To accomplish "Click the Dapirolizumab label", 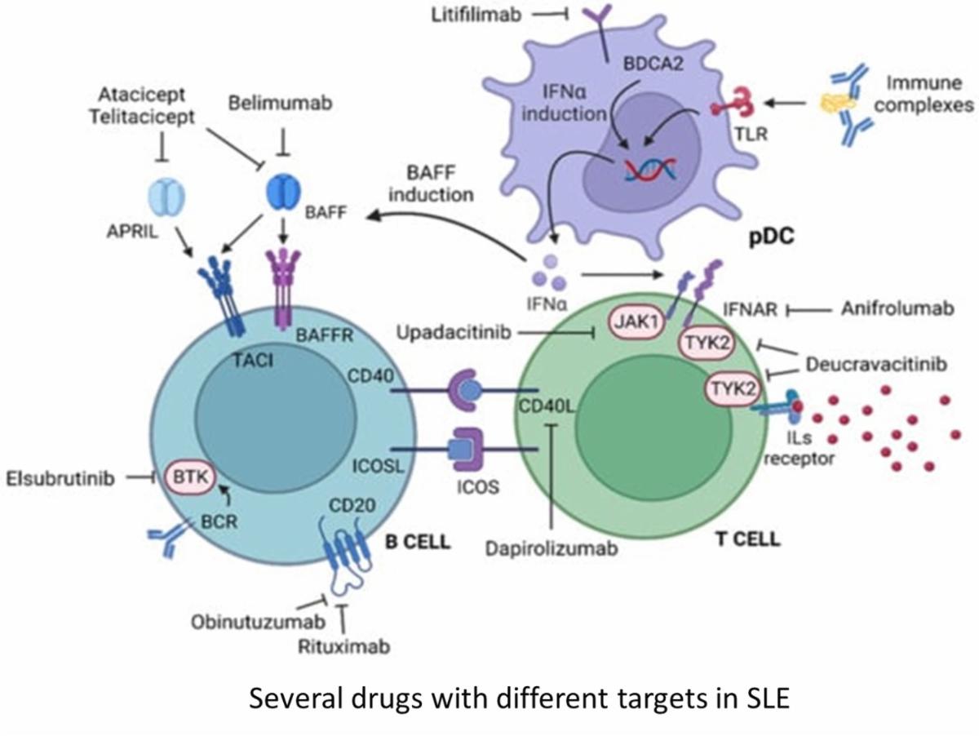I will tap(551, 546).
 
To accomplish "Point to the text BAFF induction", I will tap(432, 184).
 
